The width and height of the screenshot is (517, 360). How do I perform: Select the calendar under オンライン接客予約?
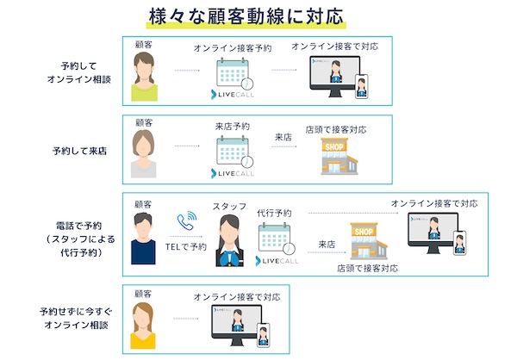234,73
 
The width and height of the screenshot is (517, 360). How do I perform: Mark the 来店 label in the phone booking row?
327,244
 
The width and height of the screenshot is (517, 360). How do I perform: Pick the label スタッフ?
230,208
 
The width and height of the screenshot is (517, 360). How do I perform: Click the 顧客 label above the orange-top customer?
143,295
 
